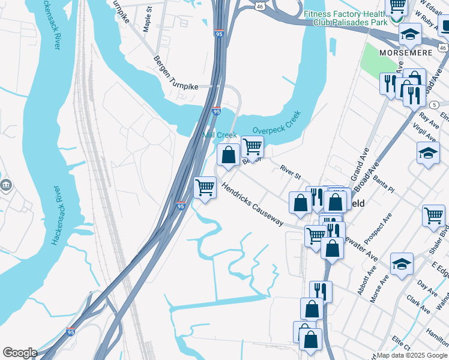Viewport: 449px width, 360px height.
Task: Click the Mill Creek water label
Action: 219,136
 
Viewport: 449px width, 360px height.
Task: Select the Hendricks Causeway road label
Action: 252,205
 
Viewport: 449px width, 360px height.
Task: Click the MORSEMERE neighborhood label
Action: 406,53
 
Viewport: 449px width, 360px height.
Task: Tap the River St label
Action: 290,173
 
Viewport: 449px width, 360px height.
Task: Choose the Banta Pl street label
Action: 383,184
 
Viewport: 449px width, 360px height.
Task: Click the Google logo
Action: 19,353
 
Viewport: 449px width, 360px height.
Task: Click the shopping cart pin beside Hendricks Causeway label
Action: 205,188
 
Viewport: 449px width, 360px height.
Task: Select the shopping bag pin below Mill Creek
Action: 228,155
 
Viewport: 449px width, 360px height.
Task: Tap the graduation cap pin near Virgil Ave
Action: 428,152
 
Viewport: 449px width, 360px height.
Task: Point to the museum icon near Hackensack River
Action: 6,185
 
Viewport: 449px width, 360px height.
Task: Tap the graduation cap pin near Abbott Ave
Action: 402,263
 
